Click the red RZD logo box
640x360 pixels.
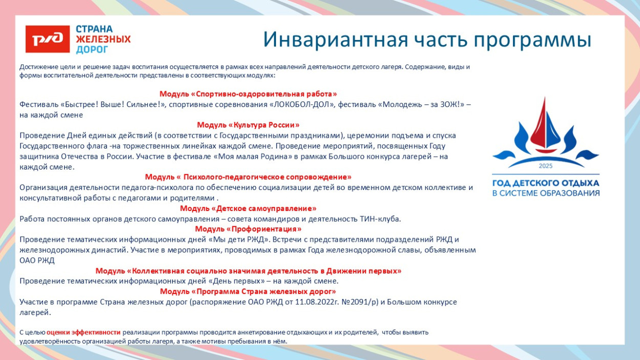pyautogui.click(x=48, y=39)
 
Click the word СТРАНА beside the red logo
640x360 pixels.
pyautogui.click(x=94, y=29)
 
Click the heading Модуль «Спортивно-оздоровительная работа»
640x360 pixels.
pyautogui.click(x=248, y=94)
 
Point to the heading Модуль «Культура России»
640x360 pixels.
pyautogui.click(x=248, y=125)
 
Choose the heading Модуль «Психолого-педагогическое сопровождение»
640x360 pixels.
pyautogui.click(x=248, y=177)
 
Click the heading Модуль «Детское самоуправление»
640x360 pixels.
pyautogui.click(x=248, y=208)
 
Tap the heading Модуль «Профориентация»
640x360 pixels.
pyautogui.click(x=248, y=229)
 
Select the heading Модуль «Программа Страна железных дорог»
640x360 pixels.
pyautogui.click(x=248, y=291)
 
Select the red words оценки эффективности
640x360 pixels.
pyautogui.click(x=83, y=332)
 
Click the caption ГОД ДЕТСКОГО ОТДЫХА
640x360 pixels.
pyautogui.click(x=546, y=183)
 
